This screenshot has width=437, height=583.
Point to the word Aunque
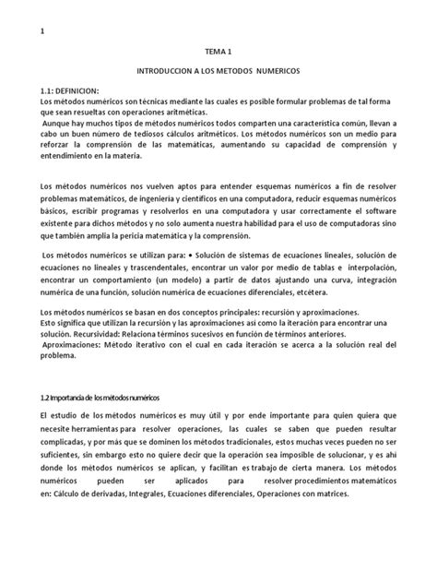61,123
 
